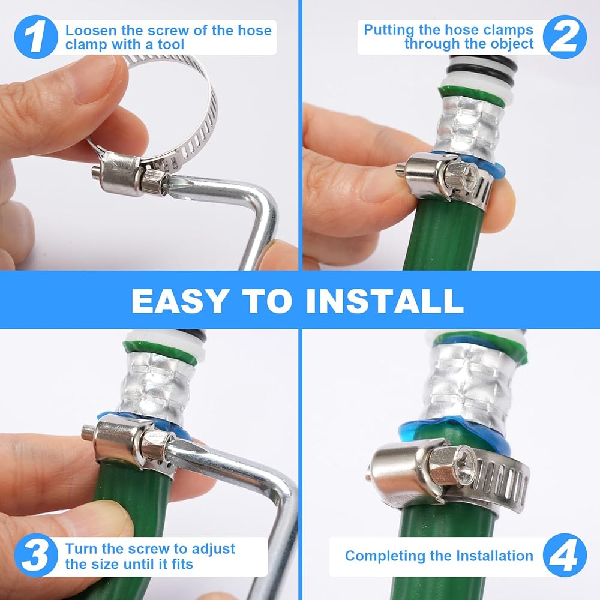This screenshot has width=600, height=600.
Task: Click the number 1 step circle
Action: click(36, 37)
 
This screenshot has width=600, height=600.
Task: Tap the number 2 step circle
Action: click(565, 37)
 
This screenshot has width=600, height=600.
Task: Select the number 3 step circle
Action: click(36, 555)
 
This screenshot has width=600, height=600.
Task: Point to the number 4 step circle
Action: click(565, 555)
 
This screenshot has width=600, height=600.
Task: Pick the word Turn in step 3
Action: click(81, 548)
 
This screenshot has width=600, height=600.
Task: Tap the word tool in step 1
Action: click(170, 44)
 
